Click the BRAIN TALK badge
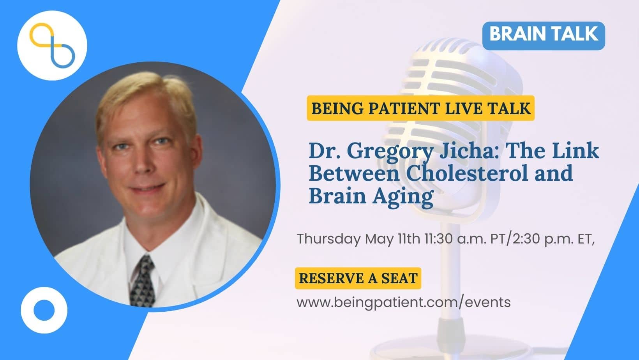(x=544, y=36)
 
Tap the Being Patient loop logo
(x=52, y=45)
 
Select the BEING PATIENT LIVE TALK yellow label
(x=420, y=108)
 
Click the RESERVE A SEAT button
(x=358, y=278)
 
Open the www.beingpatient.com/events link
(x=403, y=302)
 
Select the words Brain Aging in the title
(x=371, y=196)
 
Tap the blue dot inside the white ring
(x=44, y=310)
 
